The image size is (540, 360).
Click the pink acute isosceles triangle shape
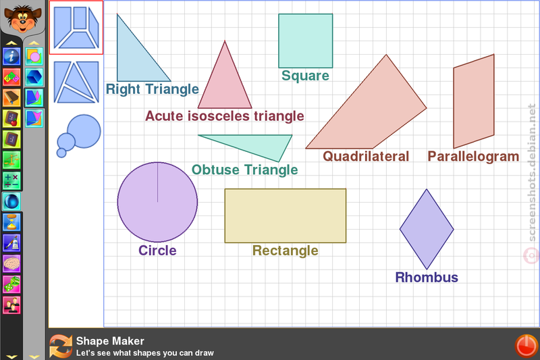point(225,82)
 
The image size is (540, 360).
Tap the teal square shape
point(306,41)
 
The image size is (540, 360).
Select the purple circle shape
point(157,202)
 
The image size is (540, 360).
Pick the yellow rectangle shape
point(286,215)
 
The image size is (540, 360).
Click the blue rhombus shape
point(427,229)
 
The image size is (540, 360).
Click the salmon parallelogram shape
point(474,101)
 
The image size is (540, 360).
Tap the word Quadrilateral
point(366,157)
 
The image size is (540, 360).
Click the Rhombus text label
point(427,278)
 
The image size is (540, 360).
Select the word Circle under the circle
point(157,251)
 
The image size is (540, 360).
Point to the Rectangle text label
point(285,251)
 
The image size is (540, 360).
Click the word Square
point(305,76)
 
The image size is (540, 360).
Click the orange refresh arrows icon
point(61,346)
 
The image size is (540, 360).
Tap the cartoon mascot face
point(23,18)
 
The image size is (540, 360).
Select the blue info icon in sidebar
point(11,56)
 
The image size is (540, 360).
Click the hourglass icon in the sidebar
point(11,222)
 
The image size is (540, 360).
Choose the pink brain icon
point(11,263)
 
